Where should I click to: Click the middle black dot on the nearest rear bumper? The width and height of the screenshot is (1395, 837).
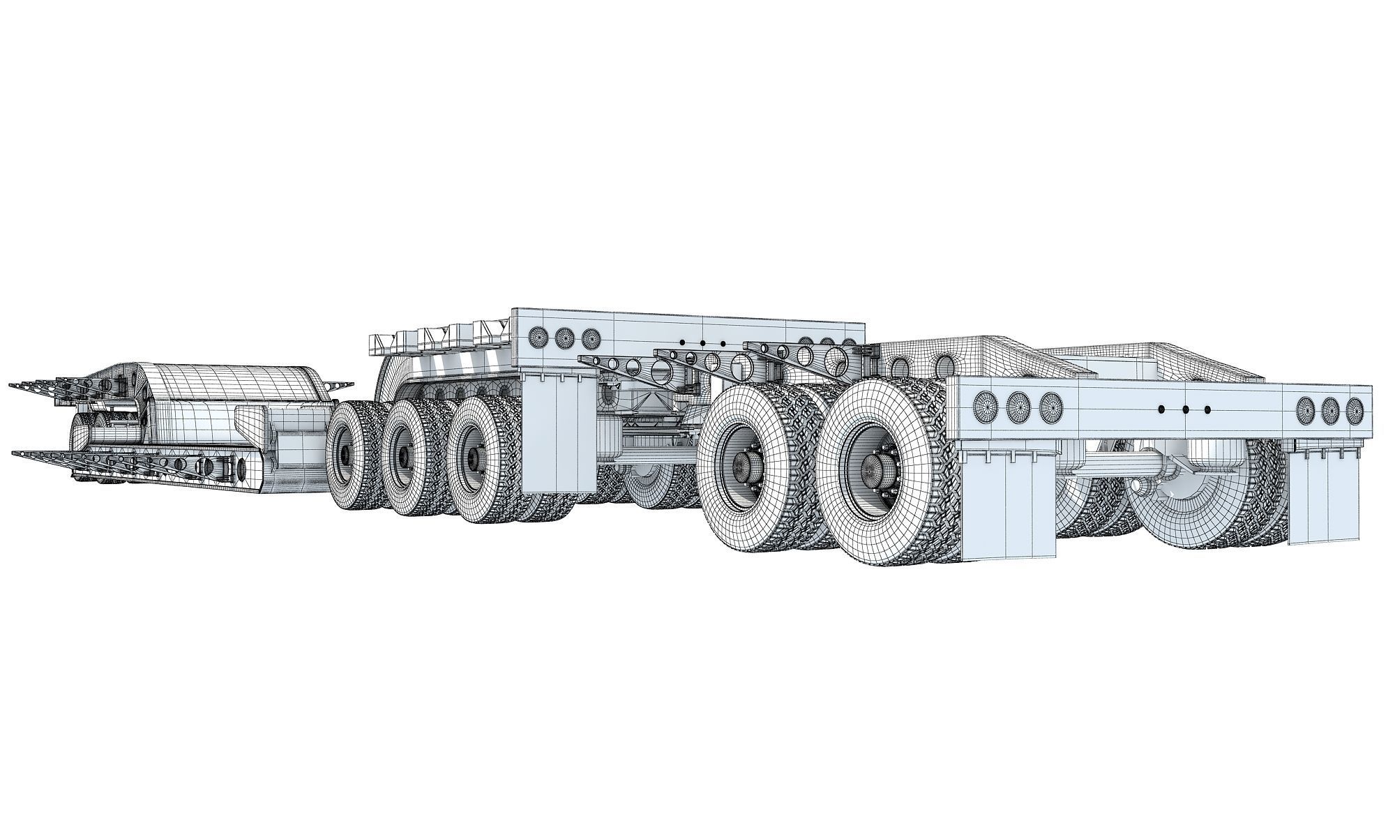coord(1185,409)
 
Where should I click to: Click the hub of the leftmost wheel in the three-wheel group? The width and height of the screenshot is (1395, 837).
coord(345,455)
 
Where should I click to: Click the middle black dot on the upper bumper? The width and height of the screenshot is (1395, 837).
coord(702,342)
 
